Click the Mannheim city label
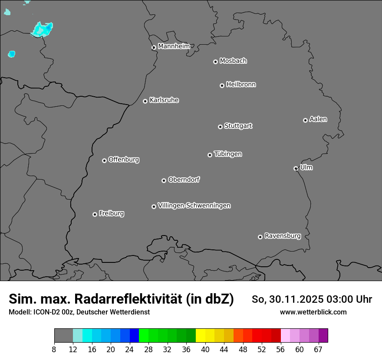[x=174, y=46]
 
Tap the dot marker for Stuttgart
[x=220, y=127]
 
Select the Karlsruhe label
[x=164, y=100]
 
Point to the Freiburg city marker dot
[x=95, y=214]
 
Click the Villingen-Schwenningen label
[x=194, y=206]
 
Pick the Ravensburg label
[x=282, y=236]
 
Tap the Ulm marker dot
[x=296, y=168]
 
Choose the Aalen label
[x=318, y=119]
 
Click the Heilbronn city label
[x=241, y=85]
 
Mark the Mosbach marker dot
[x=215, y=62]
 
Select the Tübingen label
[x=228, y=154]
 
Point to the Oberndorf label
[x=184, y=180]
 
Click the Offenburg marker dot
[x=104, y=160]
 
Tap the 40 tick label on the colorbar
[x=205, y=350]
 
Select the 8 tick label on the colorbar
[x=54, y=350]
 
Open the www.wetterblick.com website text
[x=313, y=312]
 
